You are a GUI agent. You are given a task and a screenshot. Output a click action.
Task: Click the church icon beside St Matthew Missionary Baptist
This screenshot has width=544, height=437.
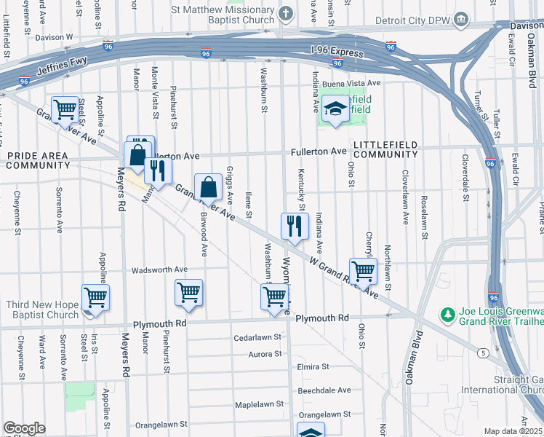click(x=286, y=13)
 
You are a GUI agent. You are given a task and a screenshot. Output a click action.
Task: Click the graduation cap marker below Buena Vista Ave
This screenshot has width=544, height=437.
click(x=335, y=110)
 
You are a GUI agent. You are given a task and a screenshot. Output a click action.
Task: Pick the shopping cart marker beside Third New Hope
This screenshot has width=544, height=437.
click(x=95, y=297)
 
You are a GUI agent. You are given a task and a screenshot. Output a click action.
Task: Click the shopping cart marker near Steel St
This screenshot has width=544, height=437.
click(x=65, y=110)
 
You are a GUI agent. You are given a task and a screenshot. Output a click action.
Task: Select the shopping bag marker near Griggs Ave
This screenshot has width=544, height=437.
click(x=209, y=186)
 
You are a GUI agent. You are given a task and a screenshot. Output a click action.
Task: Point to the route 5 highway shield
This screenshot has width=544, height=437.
click(x=482, y=353)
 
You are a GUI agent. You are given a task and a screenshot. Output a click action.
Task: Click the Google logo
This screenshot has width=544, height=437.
click(x=24, y=428)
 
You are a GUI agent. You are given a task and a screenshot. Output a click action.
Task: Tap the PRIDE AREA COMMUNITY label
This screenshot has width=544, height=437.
click(x=38, y=161)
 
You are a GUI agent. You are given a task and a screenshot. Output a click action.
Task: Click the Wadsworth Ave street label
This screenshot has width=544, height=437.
click(x=159, y=270)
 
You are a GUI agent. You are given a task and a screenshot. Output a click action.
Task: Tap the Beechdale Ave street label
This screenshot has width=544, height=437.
click(x=324, y=390)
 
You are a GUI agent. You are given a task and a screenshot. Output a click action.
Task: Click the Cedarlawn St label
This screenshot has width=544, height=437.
click(x=257, y=337)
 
